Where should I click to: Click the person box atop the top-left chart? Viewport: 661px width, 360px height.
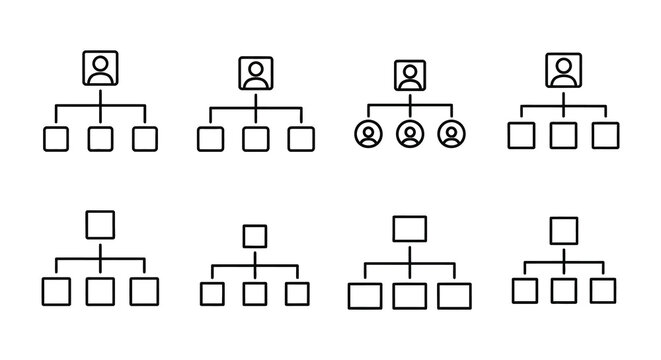100,69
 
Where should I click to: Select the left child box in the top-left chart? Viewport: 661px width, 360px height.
56,139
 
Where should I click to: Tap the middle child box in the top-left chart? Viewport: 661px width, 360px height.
100,139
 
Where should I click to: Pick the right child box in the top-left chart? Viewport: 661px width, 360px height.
144,139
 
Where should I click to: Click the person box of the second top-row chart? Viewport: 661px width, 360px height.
255,73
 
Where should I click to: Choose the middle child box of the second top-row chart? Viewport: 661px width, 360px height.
255,139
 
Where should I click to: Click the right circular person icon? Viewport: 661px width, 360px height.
452,134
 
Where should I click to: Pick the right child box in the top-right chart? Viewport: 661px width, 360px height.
604,135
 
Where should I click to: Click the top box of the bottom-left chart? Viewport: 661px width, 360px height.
100,223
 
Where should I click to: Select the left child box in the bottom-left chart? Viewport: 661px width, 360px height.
56,291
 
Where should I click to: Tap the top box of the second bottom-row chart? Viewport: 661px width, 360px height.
255,236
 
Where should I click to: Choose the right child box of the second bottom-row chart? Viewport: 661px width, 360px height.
297,293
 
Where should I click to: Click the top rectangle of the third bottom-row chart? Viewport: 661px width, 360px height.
409,229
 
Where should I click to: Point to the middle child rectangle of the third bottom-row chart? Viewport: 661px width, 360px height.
409,295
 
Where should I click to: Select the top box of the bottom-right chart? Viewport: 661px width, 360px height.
564,231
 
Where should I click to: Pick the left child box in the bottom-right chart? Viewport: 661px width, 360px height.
525,290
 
